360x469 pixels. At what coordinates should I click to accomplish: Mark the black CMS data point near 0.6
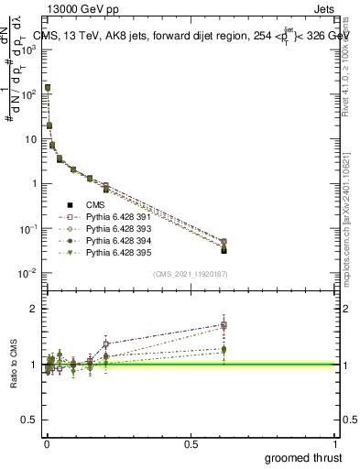pyautogui.click(x=224, y=249)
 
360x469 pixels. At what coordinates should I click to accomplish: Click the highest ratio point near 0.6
pyautogui.click(x=224, y=323)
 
